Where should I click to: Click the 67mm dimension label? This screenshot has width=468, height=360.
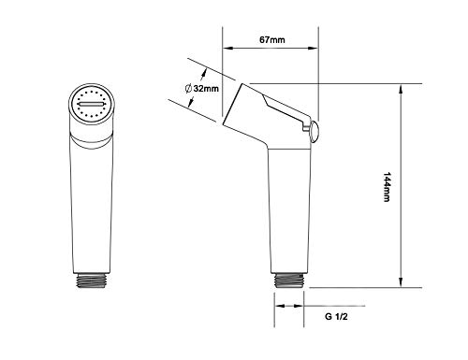(272, 40)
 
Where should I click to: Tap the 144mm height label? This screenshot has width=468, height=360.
(387, 187)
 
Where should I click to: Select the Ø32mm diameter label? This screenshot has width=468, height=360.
(202, 89)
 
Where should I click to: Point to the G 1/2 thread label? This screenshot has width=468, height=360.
(336, 317)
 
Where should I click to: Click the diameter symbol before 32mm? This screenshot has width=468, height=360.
(188, 89)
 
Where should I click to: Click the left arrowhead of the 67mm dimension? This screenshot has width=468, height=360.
(227, 48)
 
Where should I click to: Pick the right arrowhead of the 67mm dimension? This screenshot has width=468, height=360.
(314, 48)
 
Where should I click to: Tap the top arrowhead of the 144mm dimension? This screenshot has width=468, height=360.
(401, 89)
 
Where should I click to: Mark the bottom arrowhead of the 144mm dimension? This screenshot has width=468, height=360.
(401, 282)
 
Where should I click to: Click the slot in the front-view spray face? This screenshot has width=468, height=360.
(91, 104)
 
